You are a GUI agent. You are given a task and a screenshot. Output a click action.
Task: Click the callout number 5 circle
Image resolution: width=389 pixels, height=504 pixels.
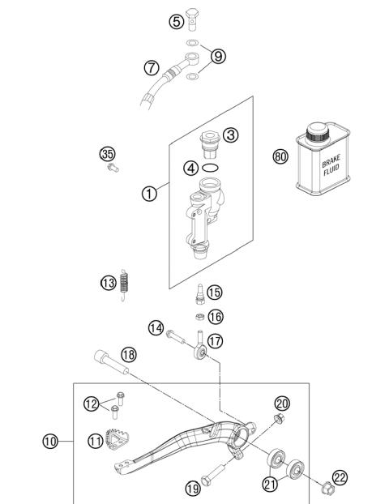(x=176, y=22)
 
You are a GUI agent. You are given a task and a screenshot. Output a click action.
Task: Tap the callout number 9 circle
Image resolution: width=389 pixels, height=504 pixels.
(x=219, y=58)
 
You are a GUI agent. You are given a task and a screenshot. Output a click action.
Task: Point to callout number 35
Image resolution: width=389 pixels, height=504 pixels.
(x=106, y=154)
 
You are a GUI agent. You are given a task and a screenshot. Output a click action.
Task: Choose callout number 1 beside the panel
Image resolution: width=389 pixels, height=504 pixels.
(x=148, y=194)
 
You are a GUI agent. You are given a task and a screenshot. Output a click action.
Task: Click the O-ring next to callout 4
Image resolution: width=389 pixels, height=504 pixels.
(x=212, y=169)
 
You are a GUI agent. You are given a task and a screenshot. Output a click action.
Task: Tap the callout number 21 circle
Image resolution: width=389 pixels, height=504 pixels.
(x=269, y=485)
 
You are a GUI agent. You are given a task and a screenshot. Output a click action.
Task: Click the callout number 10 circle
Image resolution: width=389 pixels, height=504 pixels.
(x=50, y=442)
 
